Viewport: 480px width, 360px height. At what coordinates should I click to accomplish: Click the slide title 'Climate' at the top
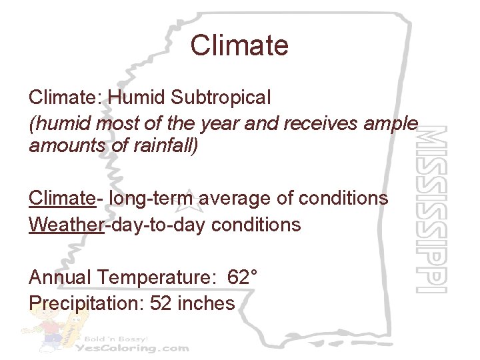click(239, 45)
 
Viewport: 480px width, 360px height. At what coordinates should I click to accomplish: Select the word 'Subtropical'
click(221, 97)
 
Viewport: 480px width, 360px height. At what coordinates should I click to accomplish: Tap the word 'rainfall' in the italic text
click(163, 145)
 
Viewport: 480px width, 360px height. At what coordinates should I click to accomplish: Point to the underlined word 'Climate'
click(61, 198)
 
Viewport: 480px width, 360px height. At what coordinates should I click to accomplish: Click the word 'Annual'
click(61, 277)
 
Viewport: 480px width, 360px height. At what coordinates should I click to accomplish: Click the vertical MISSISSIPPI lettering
click(430, 209)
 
